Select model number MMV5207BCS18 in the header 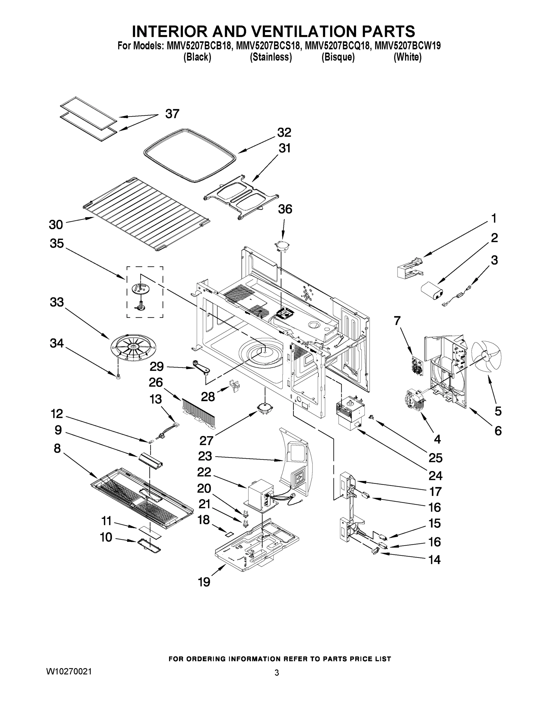[268, 46]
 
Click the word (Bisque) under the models [338, 57]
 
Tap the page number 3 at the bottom [276, 673]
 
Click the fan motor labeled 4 [414, 399]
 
